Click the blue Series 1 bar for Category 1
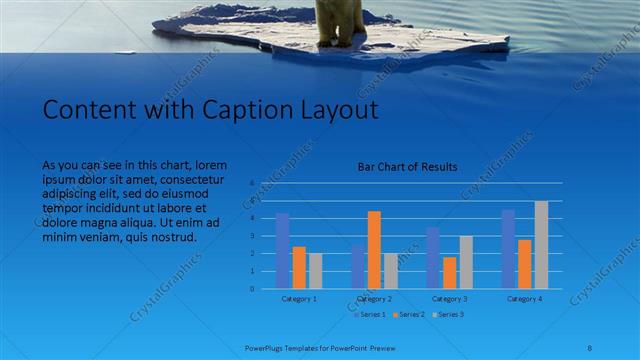coord(283,251)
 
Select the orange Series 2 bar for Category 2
coord(374,250)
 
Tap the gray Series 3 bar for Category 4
coord(541,245)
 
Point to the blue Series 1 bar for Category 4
coord(508,249)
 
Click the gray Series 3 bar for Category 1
coord(316,271)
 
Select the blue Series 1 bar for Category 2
coord(358,266)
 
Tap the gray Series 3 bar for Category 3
coord(466,262)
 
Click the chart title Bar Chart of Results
coord(407,167)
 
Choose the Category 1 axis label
coord(299,298)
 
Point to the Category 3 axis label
coord(449,298)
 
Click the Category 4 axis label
coord(524,298)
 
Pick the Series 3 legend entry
coord(447,315)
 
